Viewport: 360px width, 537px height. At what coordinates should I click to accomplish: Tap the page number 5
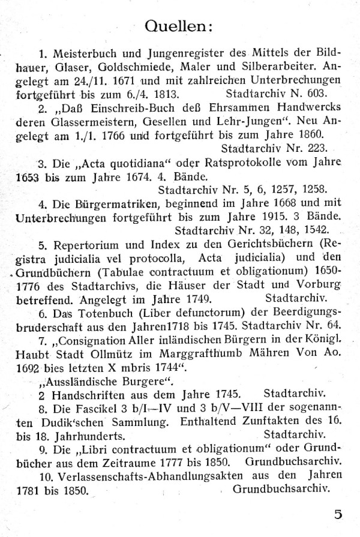(338, 513)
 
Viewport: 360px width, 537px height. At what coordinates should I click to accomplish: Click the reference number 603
(311, 94)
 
